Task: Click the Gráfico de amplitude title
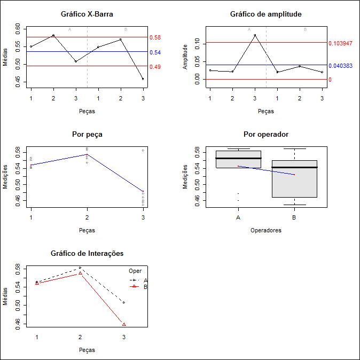point(265,14)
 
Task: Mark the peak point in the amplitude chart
point(255,35)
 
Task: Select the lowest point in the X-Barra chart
point(143,79)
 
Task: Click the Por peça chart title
point(87,134)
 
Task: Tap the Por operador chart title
point(265,134)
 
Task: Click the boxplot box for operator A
point(238,159)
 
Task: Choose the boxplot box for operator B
point(294,179)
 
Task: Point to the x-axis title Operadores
point(265,231)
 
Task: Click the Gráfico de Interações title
point(87,253)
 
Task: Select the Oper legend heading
point(135,271)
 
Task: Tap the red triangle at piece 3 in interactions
point(124,324)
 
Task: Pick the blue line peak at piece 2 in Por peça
point(87,154)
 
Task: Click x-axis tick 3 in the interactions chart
point(124,338)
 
